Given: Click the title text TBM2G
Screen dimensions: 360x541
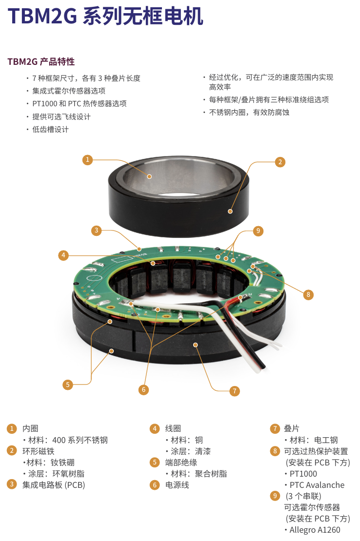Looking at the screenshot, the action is tap(42, 16).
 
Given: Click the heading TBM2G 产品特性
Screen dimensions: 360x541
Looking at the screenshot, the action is tap(41, 62).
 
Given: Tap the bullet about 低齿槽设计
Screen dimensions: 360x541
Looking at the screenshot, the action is tap(50, 129).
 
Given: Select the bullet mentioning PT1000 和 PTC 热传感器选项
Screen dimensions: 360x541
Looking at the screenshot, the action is tap(80, 103).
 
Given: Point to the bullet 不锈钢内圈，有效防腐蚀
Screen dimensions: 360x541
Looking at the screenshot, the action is tap(249, 113).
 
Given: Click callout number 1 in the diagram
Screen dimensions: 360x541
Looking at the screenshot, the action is tap(88, 160).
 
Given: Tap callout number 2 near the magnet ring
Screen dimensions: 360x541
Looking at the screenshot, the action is tap(280, 162).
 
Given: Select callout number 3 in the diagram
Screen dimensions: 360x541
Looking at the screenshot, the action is tap(96, 230).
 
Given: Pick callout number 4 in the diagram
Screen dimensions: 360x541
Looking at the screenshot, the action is tap(63, 255).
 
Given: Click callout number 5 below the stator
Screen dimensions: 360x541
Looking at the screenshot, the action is tap(68, 385).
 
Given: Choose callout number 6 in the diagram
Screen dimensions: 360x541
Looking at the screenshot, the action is tap(143, 390).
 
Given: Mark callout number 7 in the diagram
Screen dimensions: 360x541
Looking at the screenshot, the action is tap(234, 391).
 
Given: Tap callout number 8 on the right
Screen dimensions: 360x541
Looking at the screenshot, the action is tap(308, 295).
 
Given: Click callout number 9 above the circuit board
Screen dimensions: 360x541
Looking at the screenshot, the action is tap(258, 231).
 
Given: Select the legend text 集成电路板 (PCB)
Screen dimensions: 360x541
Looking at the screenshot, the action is tap(54, 485).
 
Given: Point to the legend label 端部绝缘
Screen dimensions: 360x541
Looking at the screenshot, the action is tap(181, 463).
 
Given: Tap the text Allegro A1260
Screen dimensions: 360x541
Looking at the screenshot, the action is tap(315, 530).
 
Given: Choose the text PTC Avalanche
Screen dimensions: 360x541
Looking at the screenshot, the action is tap(317, 485).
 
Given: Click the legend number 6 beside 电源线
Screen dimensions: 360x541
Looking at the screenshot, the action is tap(155, 485).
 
